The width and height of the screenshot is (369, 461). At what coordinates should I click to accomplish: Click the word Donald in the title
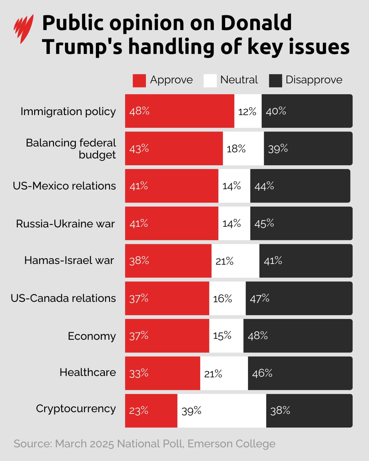[x=256, y=23]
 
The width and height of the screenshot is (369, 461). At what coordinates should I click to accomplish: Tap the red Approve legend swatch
[x=139, y=81]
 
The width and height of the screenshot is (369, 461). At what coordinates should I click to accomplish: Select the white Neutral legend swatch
[x=210, y=81]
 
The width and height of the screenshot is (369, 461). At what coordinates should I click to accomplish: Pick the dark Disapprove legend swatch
[x=275, y=81]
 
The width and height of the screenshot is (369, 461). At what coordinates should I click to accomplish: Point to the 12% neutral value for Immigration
[x=247, y=112]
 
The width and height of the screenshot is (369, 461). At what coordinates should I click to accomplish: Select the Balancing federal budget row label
[x=71, y=149]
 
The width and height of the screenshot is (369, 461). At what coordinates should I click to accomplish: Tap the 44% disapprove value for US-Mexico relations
[x=264, y=186]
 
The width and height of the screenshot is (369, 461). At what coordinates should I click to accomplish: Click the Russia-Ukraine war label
[x=65, y=224]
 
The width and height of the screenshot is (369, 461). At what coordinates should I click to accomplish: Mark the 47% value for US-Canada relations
[x=259, y=298]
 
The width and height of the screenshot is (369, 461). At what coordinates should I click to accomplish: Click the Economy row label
[x=92, y=336]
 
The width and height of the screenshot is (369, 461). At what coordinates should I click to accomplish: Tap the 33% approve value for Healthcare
[x=139, y=373]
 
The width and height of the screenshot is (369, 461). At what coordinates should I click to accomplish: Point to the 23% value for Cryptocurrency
[x=139, y=410]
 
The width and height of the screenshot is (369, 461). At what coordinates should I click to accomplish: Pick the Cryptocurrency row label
[x=76, y=409]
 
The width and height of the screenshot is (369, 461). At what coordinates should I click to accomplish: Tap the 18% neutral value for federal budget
[x=236, y=149]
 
